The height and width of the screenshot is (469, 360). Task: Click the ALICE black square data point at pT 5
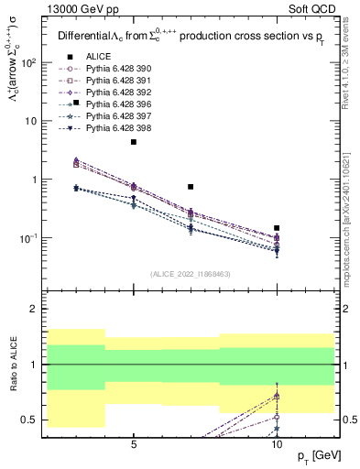click(x=134, y=142)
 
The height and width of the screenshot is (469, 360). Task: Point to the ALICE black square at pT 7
click(x=191, y=187)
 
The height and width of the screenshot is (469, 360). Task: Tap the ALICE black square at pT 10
click(x=277, y=228)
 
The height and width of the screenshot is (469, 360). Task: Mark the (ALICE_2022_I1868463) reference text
click(x=191, y=274)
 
